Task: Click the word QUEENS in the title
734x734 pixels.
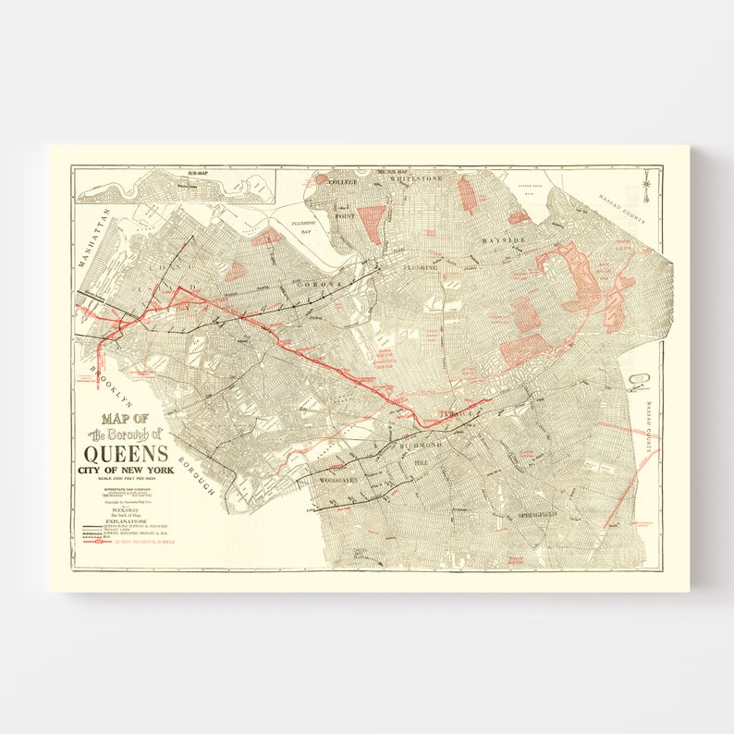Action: [x=126, y=453]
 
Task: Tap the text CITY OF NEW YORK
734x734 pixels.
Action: [x=126, y=470]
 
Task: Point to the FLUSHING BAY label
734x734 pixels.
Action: [x=302, y=227]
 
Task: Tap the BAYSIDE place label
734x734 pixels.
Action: [x=502, y=239]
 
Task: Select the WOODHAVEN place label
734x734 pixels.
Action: [x=338, y=482]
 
